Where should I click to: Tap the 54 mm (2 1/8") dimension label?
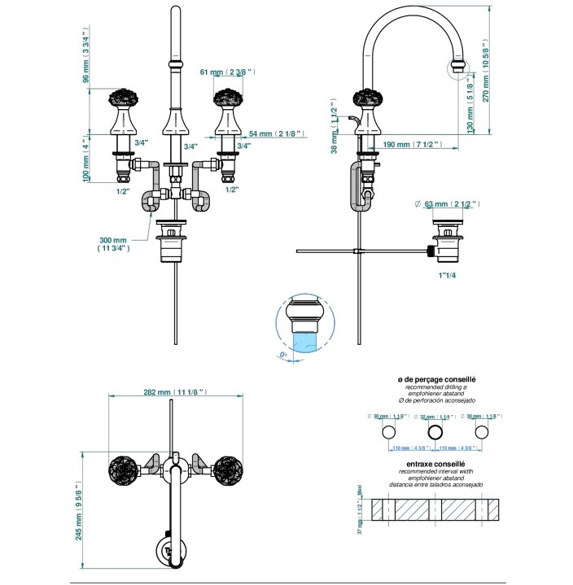(276, 133)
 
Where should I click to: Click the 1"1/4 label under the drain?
(448, 275)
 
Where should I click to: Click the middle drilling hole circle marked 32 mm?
(435, 432)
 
